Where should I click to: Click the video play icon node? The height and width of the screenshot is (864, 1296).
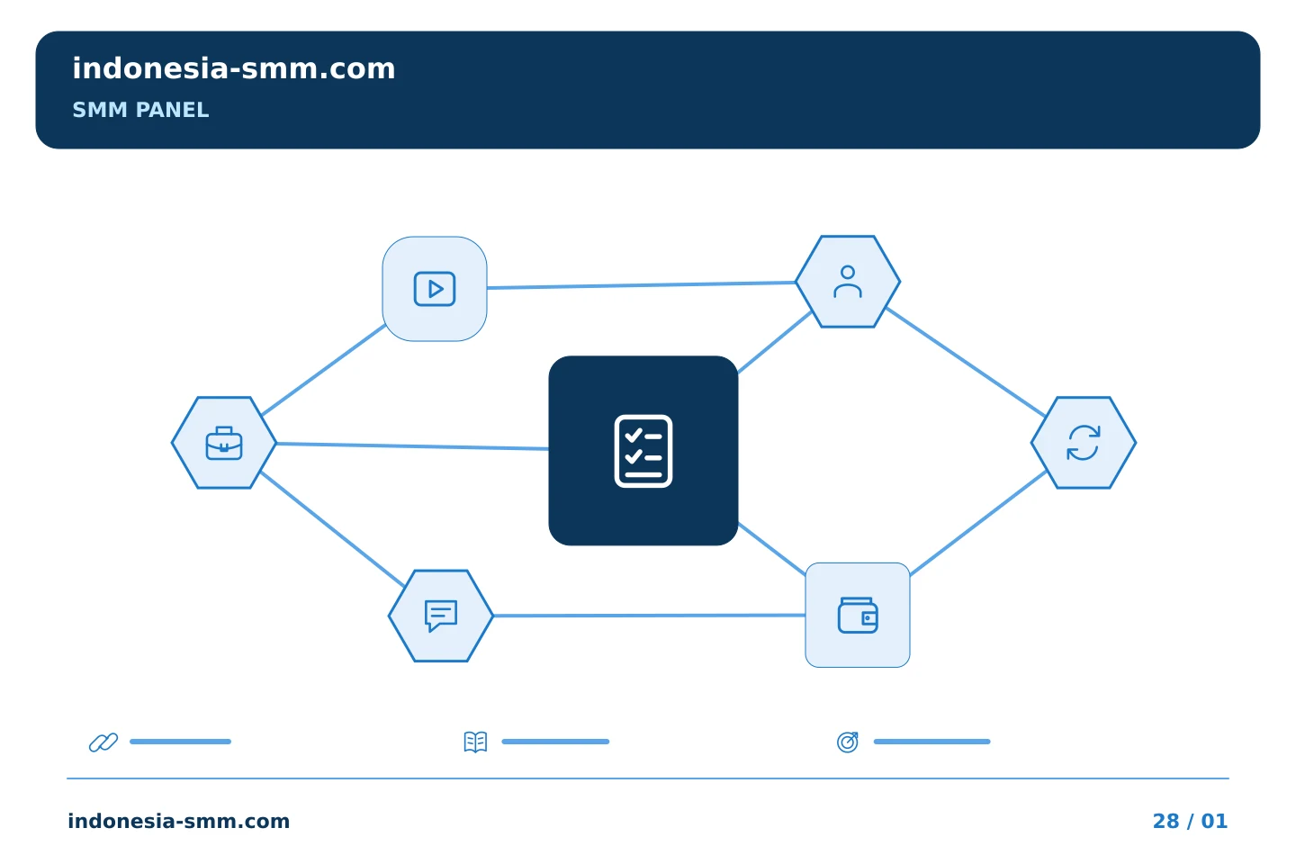tap(435, 289)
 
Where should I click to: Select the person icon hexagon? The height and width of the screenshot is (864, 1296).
tap(848, 282)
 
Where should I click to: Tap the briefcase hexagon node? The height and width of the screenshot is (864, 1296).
tap(224, 443)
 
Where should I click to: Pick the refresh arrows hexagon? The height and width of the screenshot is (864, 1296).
tap(1084, 443)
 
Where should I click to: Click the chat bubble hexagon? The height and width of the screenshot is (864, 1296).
tap(441, 616)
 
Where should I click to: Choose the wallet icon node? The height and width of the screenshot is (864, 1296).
tap(858, 616)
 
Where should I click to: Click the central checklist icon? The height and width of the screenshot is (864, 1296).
tap(643, 451)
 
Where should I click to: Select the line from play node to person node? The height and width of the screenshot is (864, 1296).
tap(641, 284)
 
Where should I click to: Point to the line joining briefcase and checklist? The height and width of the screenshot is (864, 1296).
tap(412, 446)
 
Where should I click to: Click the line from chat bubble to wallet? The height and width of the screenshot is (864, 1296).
tap(649, 616)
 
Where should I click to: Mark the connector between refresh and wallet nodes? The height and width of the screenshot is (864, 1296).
tap(978, 523)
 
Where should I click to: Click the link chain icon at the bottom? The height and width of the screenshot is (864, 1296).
tap(103, 742)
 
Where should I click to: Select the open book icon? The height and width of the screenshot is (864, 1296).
tap(475, 742)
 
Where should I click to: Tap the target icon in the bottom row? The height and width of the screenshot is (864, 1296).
tap(848, 742)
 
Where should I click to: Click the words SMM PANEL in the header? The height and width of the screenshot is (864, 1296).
tap(140, 110)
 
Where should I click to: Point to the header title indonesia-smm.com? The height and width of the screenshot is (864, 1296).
tap(234, 68)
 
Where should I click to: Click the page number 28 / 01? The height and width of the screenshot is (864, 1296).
tap(1190, 821)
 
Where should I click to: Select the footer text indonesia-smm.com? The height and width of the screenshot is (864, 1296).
tap(179, 821)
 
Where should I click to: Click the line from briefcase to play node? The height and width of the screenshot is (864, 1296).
tap(323, 371)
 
